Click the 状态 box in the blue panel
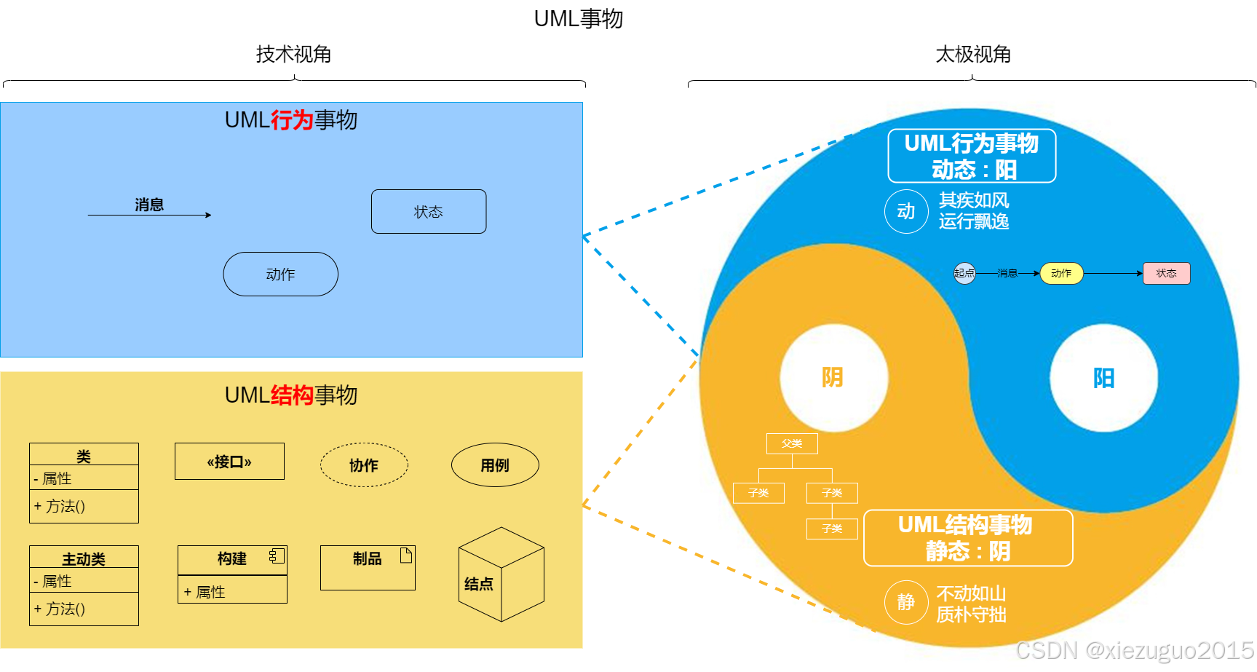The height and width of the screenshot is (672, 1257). tap(429, 212)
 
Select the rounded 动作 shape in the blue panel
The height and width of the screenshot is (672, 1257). tap(280, 274)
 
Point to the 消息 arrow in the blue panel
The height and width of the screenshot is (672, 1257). tap(149, 214)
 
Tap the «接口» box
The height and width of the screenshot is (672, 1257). tap(229, 462)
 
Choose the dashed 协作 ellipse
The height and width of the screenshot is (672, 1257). tap(364, 465)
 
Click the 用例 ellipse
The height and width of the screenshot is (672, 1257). tap(495, 465)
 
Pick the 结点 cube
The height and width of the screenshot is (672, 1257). tap(501, 575)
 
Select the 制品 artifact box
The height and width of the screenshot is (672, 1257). tap(368, 568)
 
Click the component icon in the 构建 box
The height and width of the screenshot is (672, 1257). tap(277, 556)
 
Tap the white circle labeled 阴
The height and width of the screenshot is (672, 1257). tap(833, 377)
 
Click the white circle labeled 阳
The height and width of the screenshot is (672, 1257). tap(1103, 378)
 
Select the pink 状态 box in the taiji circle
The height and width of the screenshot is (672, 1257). tap(1166, 273)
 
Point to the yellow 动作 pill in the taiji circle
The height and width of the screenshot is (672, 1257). tap(1061, 273)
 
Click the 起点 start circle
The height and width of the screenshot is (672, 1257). tap(964, 273)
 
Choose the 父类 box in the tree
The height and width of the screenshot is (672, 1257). tap(792, 443)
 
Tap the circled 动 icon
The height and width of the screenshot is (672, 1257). tap(906, 212)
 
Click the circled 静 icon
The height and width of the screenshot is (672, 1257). tap(906, 603)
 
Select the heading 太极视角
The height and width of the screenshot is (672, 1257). tap(972, 55)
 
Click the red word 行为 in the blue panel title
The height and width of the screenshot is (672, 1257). tap(292, 120)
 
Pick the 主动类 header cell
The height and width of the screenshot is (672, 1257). tap(84, 558)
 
